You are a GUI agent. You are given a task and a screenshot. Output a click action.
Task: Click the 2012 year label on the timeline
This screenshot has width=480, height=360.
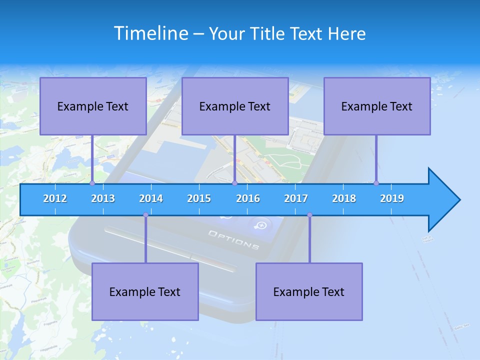point(55,198)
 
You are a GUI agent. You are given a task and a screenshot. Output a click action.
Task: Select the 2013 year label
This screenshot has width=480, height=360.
point(103,198)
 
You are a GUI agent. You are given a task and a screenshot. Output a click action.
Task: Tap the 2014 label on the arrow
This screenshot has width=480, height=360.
point(151,198)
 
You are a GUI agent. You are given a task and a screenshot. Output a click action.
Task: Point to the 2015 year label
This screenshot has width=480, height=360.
point(199,198)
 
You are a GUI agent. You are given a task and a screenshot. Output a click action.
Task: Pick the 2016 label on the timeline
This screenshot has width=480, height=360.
point(248,198)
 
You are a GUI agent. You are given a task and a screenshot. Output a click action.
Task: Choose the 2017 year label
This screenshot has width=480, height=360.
point(296,198)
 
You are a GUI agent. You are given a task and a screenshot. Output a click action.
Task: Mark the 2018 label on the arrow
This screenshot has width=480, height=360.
point(344,198)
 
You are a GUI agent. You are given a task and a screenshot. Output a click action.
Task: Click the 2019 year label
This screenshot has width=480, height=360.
point(392,198)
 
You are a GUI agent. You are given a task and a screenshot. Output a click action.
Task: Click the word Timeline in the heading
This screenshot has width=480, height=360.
point(149,33)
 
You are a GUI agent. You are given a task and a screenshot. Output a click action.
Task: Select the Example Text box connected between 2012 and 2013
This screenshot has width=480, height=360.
point(93,106)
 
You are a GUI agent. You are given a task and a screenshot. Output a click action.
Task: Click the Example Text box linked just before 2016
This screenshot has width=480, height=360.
point(235,106)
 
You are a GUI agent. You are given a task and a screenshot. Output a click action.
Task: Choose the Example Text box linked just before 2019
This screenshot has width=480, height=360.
point(377,106)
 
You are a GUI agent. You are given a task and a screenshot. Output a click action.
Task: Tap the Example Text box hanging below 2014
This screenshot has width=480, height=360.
point(145,291)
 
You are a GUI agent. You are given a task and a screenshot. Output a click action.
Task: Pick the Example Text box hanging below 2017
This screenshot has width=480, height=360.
point(309,291)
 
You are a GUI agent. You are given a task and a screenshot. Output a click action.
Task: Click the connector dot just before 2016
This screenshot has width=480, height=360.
point(234,183)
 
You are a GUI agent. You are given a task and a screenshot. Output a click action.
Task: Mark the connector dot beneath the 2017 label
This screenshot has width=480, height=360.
point(309,215)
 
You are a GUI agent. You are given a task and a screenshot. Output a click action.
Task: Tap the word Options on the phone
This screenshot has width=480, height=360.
point(233,240)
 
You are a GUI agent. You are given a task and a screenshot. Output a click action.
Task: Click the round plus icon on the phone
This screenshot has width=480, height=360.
point(261,225)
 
